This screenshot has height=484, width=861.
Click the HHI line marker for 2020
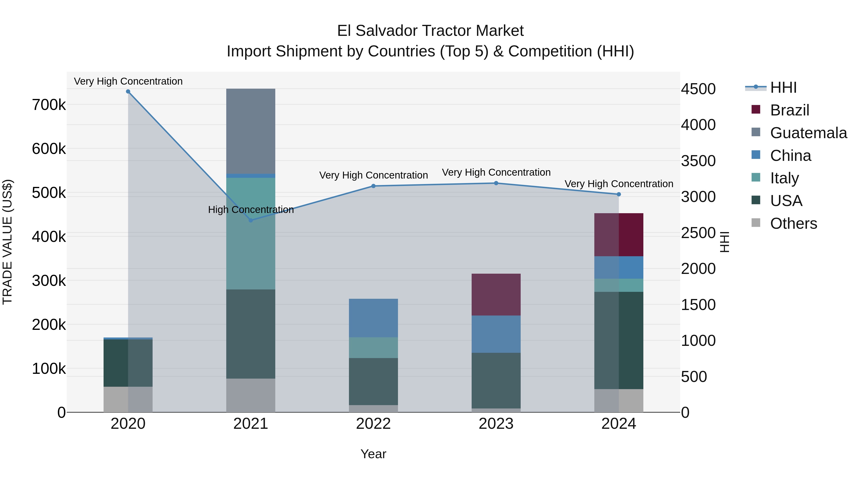tap(128, 92)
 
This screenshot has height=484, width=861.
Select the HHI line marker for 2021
tap(251, 220)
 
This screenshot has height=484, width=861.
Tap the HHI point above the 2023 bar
tap(496, 183)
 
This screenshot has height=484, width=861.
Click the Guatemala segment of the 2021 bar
tap(251, 131)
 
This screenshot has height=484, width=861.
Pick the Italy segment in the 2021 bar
tap(251, 234)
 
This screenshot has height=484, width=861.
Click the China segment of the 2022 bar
tap(373, 318)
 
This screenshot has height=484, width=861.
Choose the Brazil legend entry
tap(789, 110)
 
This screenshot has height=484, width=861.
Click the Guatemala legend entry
tap(808, 133)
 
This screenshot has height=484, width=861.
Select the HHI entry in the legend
tap(783, 87)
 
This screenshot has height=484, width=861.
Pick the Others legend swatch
tap(756, 223)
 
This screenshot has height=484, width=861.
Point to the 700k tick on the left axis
tap(49, 105)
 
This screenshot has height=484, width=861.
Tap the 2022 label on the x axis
tap(373, 424)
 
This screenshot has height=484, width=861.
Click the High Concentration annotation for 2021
tap(251, 210)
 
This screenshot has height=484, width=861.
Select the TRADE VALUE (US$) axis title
tap(7, 242)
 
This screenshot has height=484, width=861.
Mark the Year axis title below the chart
tap(373, 454)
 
